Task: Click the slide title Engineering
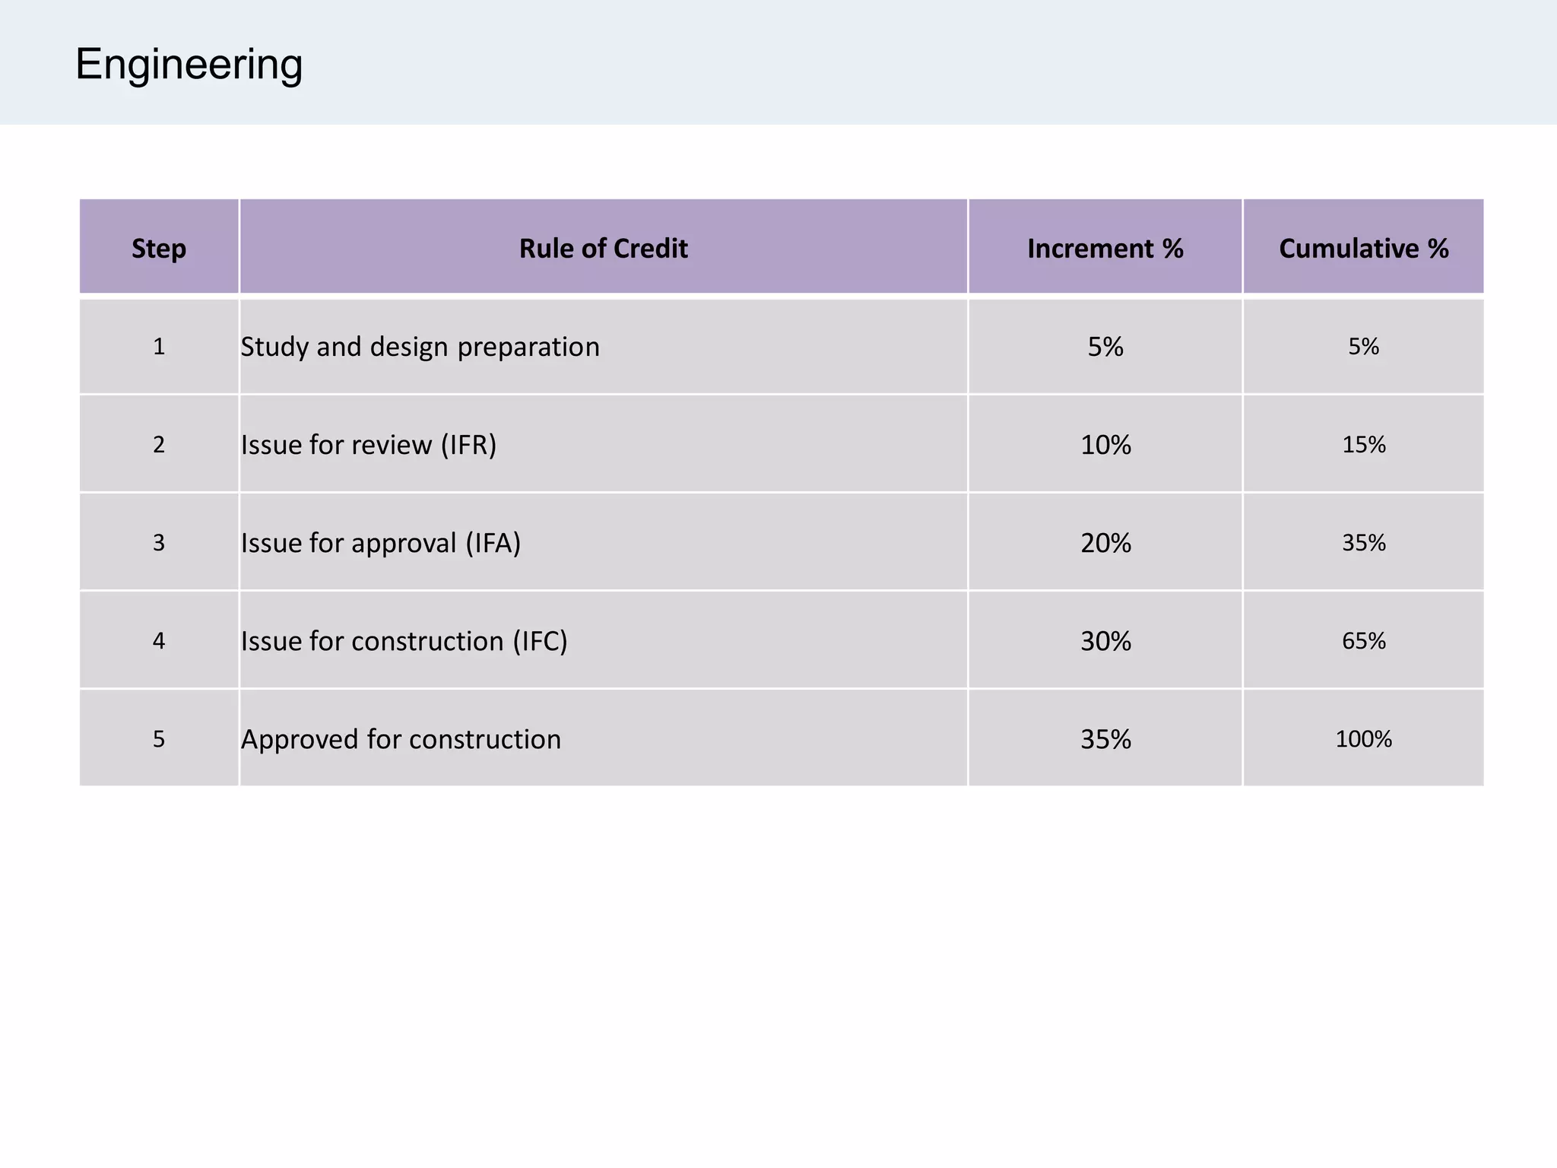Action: pos(189,65)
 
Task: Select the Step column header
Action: pos(158,249)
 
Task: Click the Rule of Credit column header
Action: pos(603,249)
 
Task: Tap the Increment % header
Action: pos(1105,249)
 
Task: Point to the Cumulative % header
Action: pos(1363,249)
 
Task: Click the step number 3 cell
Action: pos(158,543)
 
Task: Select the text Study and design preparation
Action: pos(420,347)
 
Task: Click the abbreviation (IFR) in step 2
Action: pos(468,445)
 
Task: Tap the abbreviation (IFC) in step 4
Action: pos(540,641)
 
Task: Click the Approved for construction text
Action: pos(401,739)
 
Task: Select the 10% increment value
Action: pos(1105,445)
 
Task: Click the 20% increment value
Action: pos(1105,543)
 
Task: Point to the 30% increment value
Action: pos(1105,641)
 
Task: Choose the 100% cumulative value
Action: pos(1363,739)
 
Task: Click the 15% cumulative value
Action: pos(1363,445)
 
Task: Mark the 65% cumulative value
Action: pos(1363,641)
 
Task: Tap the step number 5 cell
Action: pos(158,739)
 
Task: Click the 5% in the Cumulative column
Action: pos(1363,347)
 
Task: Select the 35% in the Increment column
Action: pos(1105,739)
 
